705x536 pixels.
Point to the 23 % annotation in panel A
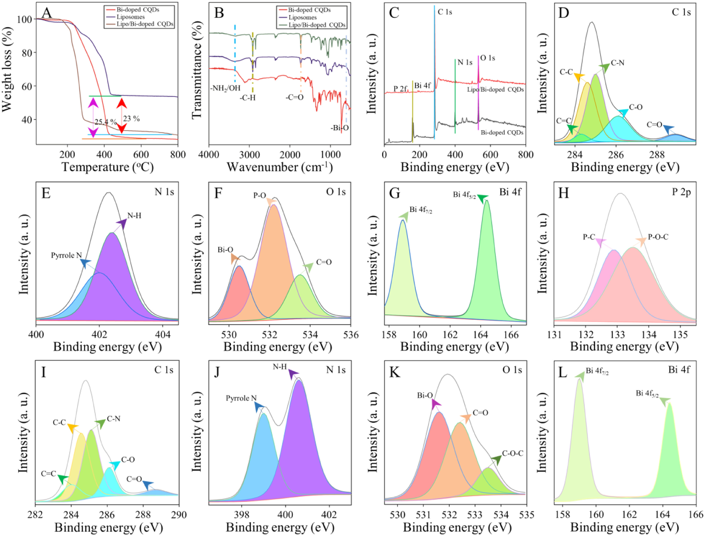[x=131, y=119]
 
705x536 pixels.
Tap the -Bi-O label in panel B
[x=339, y=128]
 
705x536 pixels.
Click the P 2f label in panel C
[x=400, y=89]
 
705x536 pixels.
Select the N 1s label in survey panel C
[x=465, y=63]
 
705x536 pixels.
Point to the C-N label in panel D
[x=617, y=63]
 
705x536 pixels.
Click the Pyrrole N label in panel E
[x=66, y=256]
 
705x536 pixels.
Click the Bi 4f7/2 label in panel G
[x=421, y=210]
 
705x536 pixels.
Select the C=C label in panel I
[x=48, y=474]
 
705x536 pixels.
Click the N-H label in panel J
[x=280, y=367]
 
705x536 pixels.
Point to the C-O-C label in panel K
[x=512, y=453]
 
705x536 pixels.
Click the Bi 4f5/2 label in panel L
[x=647, y=394]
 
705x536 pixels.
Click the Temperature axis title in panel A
[x=107, y=167]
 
